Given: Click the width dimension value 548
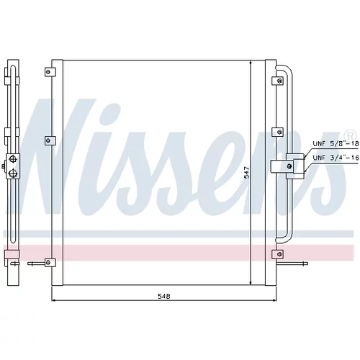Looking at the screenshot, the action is click(x=164, y=296).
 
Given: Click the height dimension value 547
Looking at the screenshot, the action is click(x=247, y=173).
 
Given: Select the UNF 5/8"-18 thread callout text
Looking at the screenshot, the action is click(x=336, y=143).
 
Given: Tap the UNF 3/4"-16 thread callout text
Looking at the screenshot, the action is click(x=336, y=158).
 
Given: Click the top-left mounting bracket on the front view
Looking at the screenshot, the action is click(x=50, y=72).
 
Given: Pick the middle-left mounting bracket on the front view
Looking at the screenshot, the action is click(x=50, y=140).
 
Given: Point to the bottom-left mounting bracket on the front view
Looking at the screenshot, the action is click(x=50, y=263).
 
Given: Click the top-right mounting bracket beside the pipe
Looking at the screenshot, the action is click(x=277, y=81).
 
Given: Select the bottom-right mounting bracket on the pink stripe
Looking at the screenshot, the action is click(x=277, y=254).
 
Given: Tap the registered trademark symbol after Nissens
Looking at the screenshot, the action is click(x=350, y=135).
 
